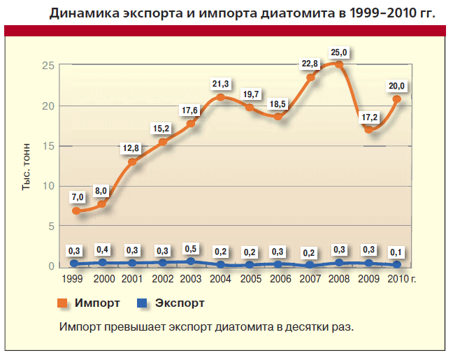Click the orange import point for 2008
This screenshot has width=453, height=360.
tap(339, 65)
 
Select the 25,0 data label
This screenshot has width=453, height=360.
tap(338, 50)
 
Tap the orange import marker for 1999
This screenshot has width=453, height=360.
tap(76, 210)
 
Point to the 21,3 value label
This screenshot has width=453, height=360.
tap(220, 84)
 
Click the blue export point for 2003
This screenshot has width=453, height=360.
tap(191, 261)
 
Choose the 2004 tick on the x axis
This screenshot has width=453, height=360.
tap(221, 279)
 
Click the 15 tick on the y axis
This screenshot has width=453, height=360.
tap(48, 146)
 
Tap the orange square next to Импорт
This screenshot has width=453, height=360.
tap(62, 303)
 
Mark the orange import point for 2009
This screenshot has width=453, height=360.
tap(368, 129)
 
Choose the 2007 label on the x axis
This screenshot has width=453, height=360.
tap(310, 279)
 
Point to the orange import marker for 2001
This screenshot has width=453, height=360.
tap(132, 162)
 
